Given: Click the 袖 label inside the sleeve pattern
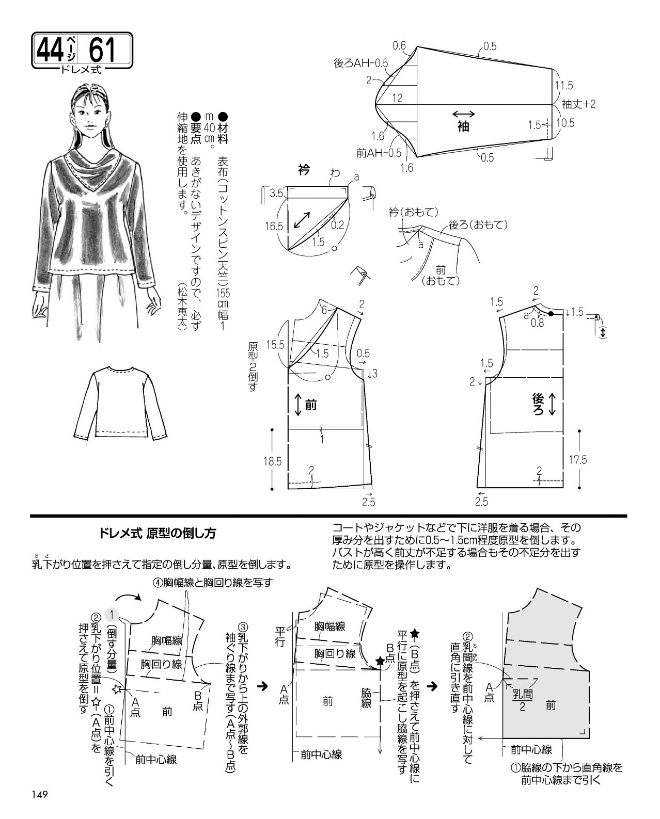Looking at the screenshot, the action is coord(463,126).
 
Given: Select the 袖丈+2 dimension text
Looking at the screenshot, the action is coord(578,104).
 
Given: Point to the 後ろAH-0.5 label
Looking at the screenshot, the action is coord(360,63).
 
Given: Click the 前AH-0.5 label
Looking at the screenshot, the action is coord(379,153).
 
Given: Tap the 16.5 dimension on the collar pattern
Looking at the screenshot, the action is coord(274,227).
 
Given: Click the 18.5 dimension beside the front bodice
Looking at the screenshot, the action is coord(273,462).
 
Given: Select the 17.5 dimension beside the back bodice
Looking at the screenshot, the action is coord(578,460).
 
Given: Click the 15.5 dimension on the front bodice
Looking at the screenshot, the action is coord(275,345).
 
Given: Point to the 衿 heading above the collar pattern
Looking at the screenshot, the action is coord(304,170).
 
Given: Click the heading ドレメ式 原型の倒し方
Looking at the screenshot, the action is coord(158,533).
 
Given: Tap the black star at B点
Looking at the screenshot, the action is coord(380,661).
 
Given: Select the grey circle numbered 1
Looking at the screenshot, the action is coord(112,614).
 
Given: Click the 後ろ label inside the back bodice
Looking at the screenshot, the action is coord(538,404).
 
